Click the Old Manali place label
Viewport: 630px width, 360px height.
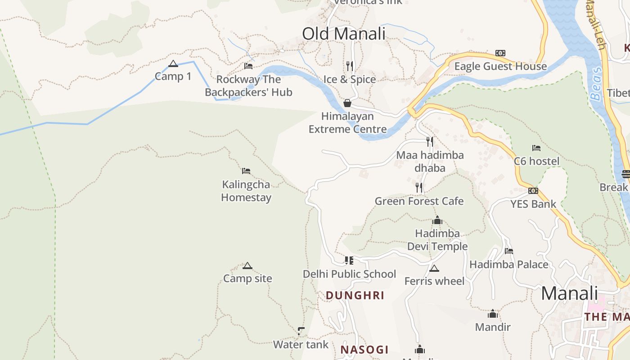pos(344,34)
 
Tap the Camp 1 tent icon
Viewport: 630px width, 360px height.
pos(173,64)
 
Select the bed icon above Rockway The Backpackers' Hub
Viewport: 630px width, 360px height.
pos(248,66)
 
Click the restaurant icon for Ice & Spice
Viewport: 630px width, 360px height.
pos(350,66)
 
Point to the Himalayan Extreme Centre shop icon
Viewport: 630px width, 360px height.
pos(347,103)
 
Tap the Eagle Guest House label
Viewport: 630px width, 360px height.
pos(500,67)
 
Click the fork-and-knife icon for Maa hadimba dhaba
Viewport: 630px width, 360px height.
pos(430,142)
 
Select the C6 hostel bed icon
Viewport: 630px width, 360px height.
pos(536,148)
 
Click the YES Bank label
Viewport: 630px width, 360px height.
pos(533,204)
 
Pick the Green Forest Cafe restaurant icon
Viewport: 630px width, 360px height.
pos(419,188)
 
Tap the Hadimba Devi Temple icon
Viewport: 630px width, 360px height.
pos(437,220)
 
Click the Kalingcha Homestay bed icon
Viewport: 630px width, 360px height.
pos(246,171)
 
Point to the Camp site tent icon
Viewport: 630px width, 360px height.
pos(247,265)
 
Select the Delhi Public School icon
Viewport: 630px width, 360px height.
pos(349,261)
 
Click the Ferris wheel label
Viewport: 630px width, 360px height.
pos(434,281)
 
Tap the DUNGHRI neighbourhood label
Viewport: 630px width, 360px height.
pos(355,296)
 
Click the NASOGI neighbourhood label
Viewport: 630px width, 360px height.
pos(364,350)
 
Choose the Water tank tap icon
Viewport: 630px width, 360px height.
pos(301,331)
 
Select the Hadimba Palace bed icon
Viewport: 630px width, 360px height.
pos(509,251)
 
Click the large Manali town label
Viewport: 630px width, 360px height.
pos(569,293)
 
